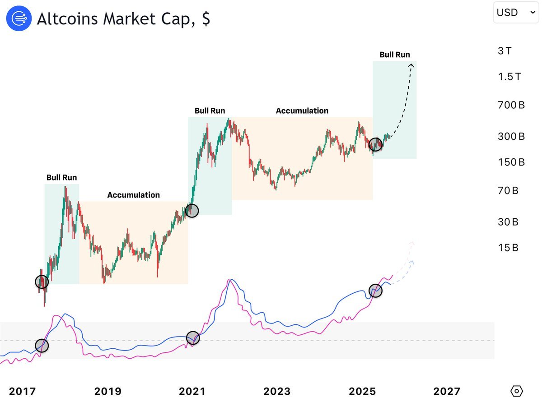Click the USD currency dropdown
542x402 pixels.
click(515, 13)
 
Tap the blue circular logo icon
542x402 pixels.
click(19, 18)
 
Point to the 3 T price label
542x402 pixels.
click(505, 51)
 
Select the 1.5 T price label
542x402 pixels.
click(509, 77)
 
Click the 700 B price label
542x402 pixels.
click(511, 106)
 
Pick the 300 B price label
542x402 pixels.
click(511, 136)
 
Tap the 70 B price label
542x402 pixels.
click(508, 191)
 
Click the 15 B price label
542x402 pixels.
click(508, 248)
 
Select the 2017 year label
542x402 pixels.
click(22, 391)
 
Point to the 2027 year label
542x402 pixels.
click(447, 391)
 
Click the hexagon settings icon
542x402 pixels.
click(517, 391)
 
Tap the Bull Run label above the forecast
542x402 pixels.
click(395, 55)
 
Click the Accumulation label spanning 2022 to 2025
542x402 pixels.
click(302, 111)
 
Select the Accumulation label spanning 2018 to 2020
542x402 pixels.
click(133, 195)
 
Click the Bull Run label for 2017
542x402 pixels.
click(62, 177)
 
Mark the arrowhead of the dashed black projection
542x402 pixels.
click(411, 66)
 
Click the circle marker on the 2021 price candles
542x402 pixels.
click(192, 210)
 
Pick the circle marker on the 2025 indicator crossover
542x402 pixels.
click(375, 291)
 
